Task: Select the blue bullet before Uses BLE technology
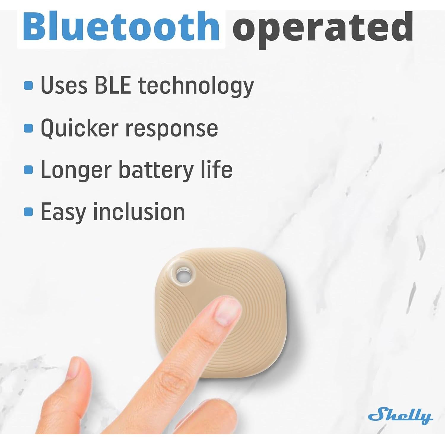coord(28,86)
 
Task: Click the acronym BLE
coord(113,85)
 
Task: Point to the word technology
coord(196,87)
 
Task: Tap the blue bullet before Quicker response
coord(28,128)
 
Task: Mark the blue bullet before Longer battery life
coord(28,170)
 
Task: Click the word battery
coord(156,170)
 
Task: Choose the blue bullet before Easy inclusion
coord(28,212)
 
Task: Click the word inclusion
coord(139,212)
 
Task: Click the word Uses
coord(64,85)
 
